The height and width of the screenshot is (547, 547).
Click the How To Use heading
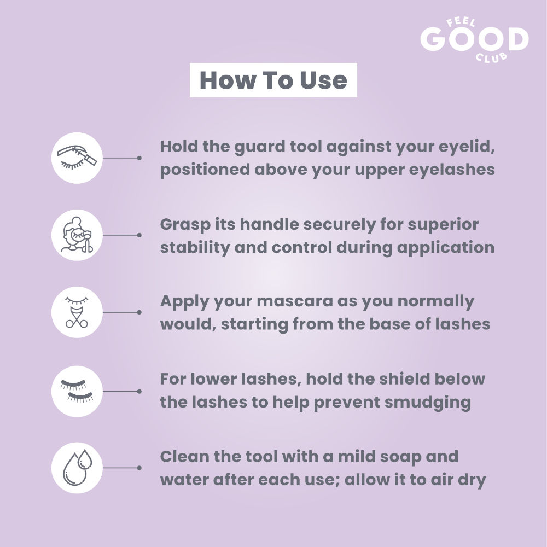pyautogui.click(x=273, y=80)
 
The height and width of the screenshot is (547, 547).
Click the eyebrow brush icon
pyautogui.click(x=77, y=158)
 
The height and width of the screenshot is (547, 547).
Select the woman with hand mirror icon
pyautogui.click(x=77, y=235)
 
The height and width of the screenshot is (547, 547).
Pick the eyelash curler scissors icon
pyautogui.click(x=77, y=312)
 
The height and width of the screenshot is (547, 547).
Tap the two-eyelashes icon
pyautogui.click(x=77, y=391)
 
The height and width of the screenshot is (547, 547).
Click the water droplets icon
pyautogui.click(x=77, y=468)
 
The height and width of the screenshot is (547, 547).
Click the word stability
pyautogui.click(x=194, y=248)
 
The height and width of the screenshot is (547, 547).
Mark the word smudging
pyautogui.click(x=428, y=403)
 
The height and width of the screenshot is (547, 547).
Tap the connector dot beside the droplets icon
pyautogui.click(x=139, y=468)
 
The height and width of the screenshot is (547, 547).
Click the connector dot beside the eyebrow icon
pyautogui.click(x=139, y=158)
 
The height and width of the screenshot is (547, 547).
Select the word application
pyautogui.click(x=445, y=248)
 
